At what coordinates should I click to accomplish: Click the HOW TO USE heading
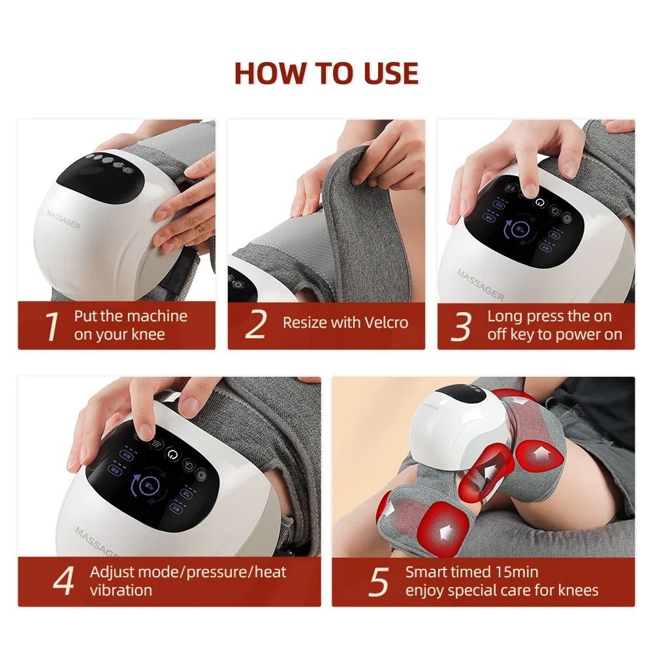coord(326,73)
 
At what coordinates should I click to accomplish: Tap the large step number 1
coord(52,326)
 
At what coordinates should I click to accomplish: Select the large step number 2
coord(255,325)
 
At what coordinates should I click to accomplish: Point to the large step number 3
coord(462,326)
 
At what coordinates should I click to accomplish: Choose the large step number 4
coord(63,581)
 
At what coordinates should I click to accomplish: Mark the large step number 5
coord(378,581)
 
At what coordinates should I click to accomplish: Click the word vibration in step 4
coord(121,590)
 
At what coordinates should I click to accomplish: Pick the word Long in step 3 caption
coord(504,317)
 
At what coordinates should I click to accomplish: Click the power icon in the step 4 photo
coord(172,453)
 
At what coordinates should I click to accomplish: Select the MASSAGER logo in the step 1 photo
coord(64,219)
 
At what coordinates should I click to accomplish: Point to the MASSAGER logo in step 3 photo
coord(481,285)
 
